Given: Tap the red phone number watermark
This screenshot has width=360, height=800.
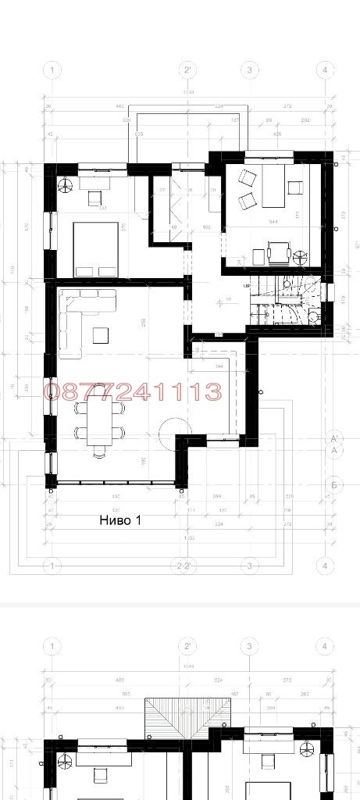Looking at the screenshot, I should [x=134, y=391].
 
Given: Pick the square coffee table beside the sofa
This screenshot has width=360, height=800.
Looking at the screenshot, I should [x=101, y=334].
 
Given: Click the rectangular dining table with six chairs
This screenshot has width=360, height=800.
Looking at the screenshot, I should [x=99, y=419].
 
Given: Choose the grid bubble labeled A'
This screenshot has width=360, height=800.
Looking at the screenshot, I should [x=333, y=437].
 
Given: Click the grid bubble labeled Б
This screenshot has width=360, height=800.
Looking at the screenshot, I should [x=333, y=484].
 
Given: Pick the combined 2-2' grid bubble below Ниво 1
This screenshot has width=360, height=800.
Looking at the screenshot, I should [x=185, y=566].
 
